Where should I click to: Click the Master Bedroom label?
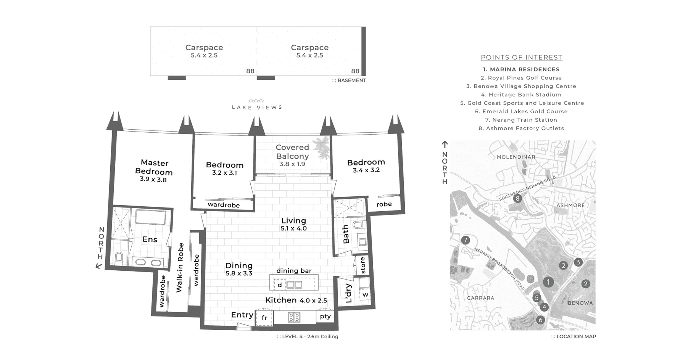[154, 167]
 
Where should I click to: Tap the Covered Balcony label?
[292, 152]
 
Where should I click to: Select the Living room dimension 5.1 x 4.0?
[293, 228]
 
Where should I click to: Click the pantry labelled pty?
[325, 317]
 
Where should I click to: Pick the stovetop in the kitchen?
[294, 317]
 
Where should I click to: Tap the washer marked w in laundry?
[365, 295]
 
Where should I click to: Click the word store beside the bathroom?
[362, 265]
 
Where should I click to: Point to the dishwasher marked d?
[280, 285]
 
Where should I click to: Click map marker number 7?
[465, 240]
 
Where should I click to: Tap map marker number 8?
[517, 198]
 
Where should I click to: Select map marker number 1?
[548, 282]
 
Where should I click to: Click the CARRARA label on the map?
[481, 298]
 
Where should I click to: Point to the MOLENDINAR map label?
[516, 157]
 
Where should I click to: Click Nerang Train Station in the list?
[521, 120]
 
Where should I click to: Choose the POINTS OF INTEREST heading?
[521, 58]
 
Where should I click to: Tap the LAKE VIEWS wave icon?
[256, 101]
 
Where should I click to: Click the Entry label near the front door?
[242, 315]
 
